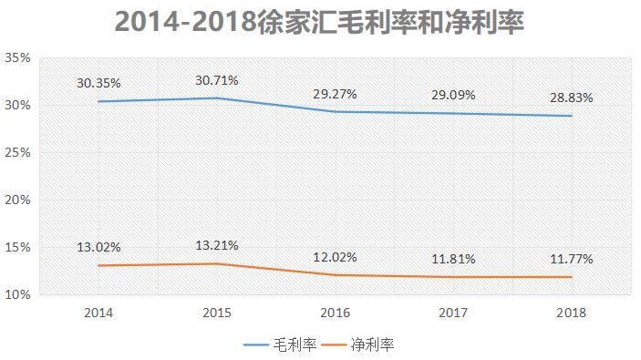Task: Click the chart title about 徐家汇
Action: pyautogui.click(x=319, y=21)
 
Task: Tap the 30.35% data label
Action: pyautogui.click(x=98, y=82)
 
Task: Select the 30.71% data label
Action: pyautogui.click(x=216, y=80)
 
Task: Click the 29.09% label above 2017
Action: pyautogui.click(x=452, y=94)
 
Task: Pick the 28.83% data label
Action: pyautogui.click(x=571, y=96)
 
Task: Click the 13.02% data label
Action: pyautogui.click(x=98, y=246)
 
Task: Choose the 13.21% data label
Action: pyautogui.click(x=216, y=245)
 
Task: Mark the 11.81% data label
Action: pyautogui.click(x=452, y=259)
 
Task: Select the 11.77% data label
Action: pyautogui.click(x=571, y=259)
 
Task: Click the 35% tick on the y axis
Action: pyautogui.click(x=18, y=57)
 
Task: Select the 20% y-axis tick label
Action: pyautogui.click(x=18, y=200)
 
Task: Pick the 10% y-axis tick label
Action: pyautogui.click(x=18, y=294)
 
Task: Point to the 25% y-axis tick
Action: pyautogui.click(x=18, y=152)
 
